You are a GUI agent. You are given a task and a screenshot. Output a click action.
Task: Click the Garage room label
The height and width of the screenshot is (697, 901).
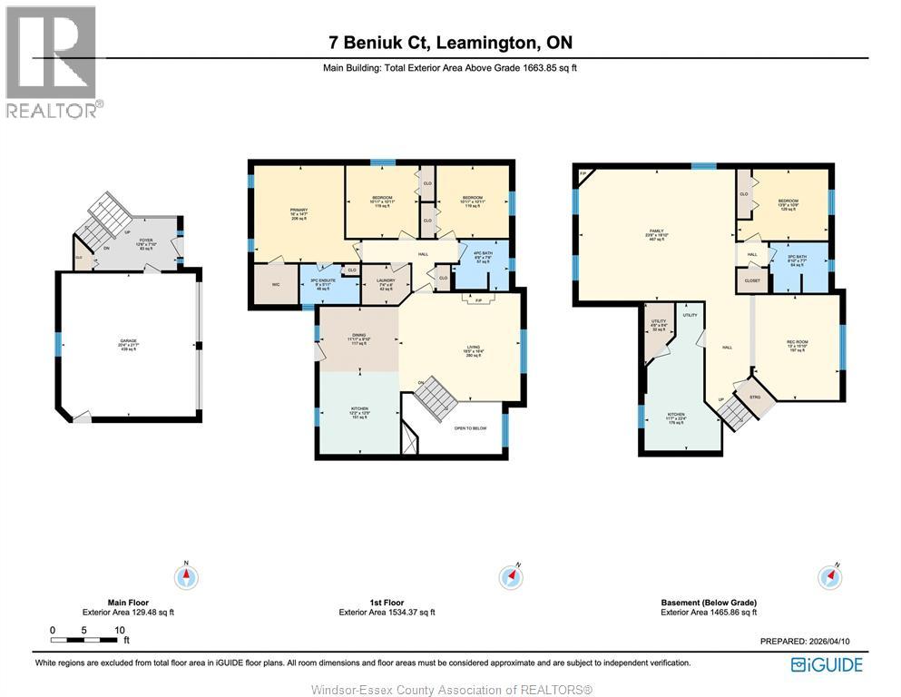click(127, 344)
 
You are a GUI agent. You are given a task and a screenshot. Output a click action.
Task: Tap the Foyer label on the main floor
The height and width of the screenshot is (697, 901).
click(145, 243)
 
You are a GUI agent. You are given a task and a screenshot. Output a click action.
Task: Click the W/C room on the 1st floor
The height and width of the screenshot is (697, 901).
click(274, 284)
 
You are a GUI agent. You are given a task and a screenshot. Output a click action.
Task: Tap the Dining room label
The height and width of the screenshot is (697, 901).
click(358, 339)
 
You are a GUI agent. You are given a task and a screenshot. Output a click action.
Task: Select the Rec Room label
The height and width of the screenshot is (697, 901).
click(797, 346)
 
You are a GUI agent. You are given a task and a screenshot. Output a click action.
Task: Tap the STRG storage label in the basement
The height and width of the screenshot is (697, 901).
click(754, 396)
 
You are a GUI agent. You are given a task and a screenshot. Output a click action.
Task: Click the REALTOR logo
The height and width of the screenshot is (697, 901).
click(54, 62)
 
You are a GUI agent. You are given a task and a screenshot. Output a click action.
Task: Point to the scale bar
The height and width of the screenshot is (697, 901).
click(87, 640)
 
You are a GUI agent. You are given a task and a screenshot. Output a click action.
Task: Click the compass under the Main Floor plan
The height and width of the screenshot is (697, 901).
click(186, 575)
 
